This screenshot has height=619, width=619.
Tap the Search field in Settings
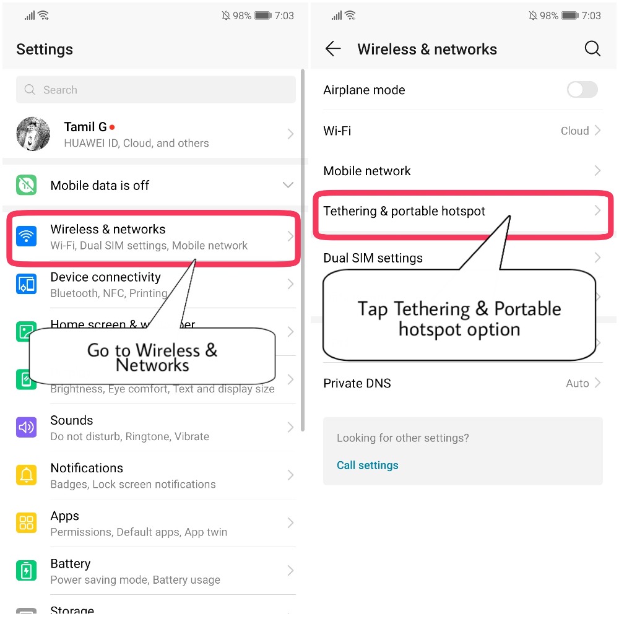(155, 90)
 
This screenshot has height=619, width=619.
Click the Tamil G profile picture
(33, 134)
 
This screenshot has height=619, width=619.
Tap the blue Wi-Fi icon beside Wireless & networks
(26, 236)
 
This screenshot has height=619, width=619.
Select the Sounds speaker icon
(26, 427)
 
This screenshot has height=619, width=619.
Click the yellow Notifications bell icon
(26, 475)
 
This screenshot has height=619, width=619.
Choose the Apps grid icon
(26, 523)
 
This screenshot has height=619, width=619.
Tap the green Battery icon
(26, 570)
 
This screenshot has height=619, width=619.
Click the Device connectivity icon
(26, 284)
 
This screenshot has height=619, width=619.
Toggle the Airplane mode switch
(582, 90)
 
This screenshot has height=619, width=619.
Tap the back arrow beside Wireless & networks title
(333, 50)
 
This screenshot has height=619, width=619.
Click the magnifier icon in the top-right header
(592, 50)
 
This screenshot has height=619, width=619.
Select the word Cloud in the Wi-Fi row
(574, 131)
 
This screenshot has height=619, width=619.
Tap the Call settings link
(368, 465)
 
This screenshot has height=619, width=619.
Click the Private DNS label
(357, 383)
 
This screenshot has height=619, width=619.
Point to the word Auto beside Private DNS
(577, 383)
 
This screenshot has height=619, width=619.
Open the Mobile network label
(367, 171)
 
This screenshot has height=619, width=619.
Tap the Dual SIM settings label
(373, 258)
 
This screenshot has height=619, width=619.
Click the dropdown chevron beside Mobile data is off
(288, 185)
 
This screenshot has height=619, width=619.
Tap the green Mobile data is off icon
(26, 185)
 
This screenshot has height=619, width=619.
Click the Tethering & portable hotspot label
(404, 211)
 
